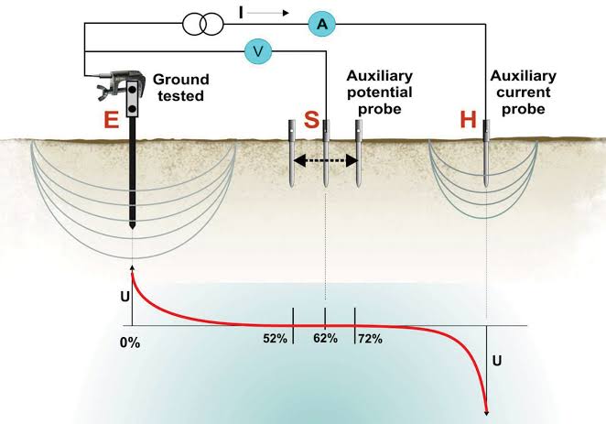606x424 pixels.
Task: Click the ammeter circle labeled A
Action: pyautogui.click(x=321, y=25)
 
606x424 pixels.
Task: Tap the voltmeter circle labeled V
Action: pyautogui.click(x=259, y=51)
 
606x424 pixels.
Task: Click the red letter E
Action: pyautogui.click(x=111, y=121)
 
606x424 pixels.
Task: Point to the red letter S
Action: pyautogui.click(x=311, y=121)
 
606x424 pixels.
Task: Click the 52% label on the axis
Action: pyautogui.click(x=276, y=339)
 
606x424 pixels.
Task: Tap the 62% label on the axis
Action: pyautogui.click(x=325, y=339)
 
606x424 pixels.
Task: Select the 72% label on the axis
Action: pyautogui.click(x=370, y=339)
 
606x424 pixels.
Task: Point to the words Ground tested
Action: pyautogui.click(x=182, y=88)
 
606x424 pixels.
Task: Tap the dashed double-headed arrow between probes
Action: pyautogui.click(x=325, y=160)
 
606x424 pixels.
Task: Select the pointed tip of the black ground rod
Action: pyautogui.click(x=134, y=225)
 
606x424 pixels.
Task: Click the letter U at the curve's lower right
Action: pyautogui.click(x=497, y=360)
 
